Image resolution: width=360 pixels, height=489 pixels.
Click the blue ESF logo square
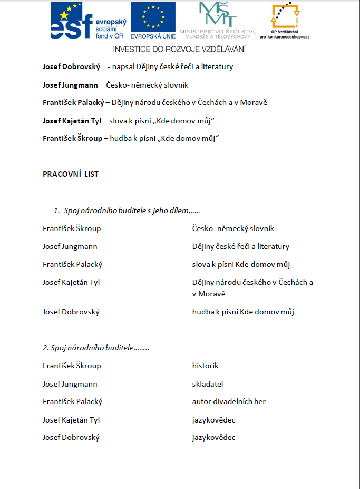[x=72, y=20]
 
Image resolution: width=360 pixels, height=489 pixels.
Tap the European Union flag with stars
[x=153, y=17]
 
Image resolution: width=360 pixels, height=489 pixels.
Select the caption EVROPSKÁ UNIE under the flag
[x=153, y=36]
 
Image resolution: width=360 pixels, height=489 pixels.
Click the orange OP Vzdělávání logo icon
[x=284, y=16]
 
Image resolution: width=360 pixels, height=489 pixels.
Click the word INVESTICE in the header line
[x=131, y=49]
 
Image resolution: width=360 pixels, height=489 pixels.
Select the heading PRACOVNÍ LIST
[x=71, y=174]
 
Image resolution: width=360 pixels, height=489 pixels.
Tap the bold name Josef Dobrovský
[x=71, y=67]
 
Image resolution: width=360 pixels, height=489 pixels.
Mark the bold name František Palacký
[x=73, y=103]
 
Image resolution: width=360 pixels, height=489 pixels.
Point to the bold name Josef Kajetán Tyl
[x=72, y=121]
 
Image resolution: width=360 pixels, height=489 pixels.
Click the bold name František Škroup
[x=72, y=139]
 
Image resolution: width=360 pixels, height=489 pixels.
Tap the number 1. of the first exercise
[x=57, y=211]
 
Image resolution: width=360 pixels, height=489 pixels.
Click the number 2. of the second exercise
[x=45, y=348]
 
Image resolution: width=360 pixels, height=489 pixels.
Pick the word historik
[x=205, y=366]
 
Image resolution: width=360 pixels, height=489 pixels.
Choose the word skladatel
[x=208, y=384]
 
